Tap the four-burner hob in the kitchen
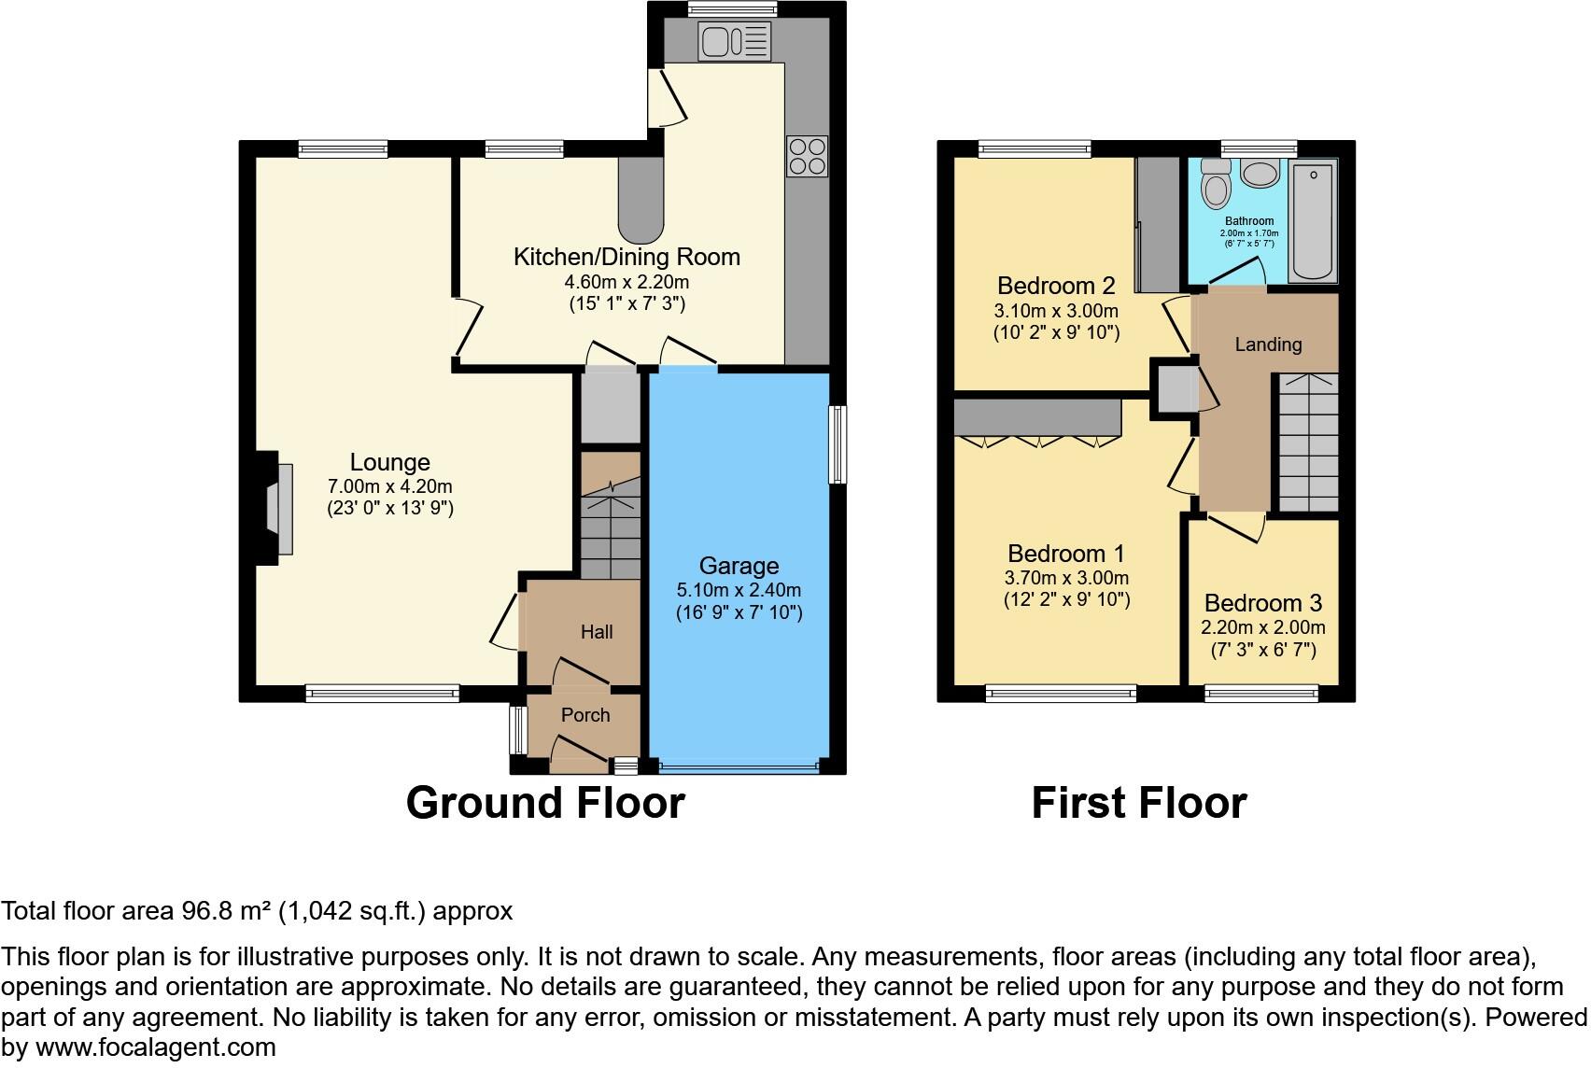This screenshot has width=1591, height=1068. coord(807,156)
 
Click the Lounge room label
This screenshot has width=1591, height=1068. coord(389,462)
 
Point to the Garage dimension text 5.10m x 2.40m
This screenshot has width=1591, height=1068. coord(739,590)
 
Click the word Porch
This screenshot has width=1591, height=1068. coord(585,715)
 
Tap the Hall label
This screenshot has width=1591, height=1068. coord(597,632)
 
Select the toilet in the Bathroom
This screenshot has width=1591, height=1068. coord(1216,183)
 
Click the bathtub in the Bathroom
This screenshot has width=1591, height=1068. coord(1312,220)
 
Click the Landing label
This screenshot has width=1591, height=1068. coord(1268,344)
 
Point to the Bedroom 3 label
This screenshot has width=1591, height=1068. coord(1263,603)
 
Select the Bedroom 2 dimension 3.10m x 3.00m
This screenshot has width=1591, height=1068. coord(1056,311)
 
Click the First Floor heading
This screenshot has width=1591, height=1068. coord(1138,803)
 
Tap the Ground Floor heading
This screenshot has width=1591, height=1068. coord(545,803)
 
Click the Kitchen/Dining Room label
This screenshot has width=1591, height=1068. coord(627,257)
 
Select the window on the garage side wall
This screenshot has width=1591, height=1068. coord(838,443)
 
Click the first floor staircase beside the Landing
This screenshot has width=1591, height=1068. coord(1307,443)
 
